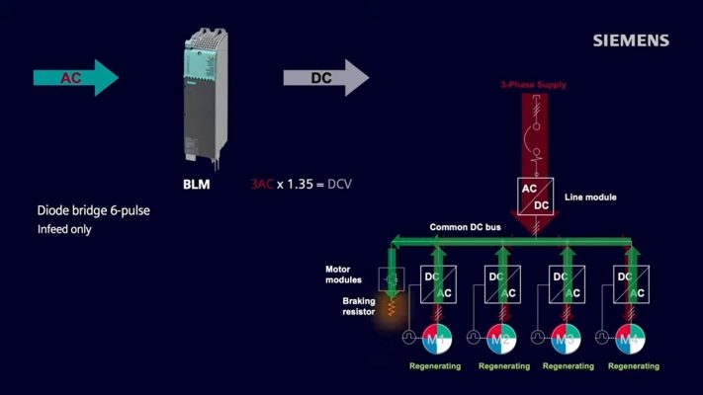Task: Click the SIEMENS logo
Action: (x=631, y=40)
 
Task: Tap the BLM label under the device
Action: (x=197, y=184)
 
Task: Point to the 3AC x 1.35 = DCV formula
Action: (x=303, y=185)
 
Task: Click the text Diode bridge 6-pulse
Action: (x=94, y=210)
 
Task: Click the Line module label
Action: (x=589, y=197)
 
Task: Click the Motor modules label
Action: (x=345, y=274)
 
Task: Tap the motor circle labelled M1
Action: (x=437, y=341)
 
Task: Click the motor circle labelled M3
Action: (x=567, y=341)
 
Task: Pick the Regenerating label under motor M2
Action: (x=504, y=366)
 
